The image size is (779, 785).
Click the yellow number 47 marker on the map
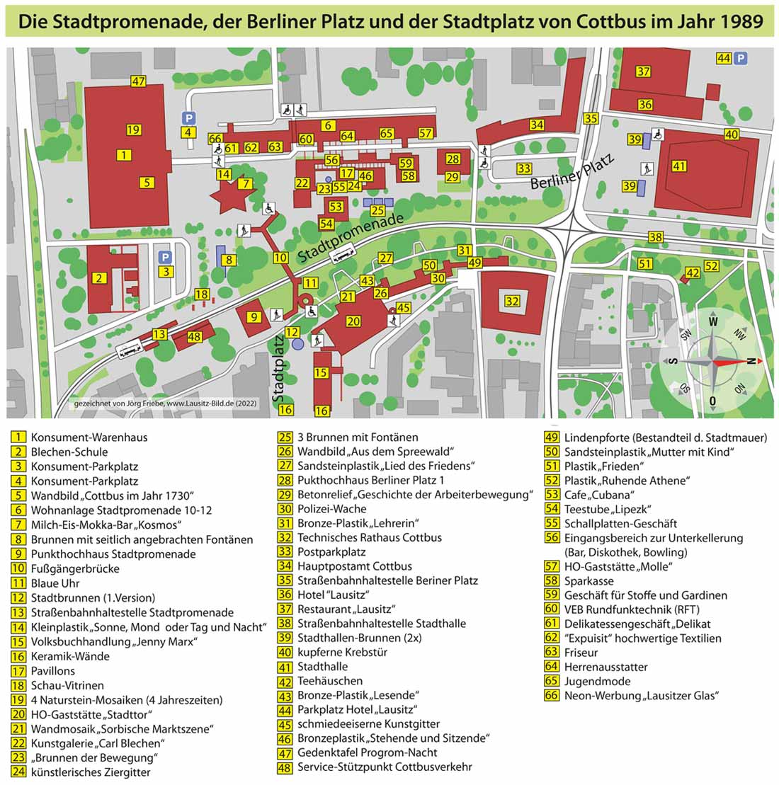[138, 81]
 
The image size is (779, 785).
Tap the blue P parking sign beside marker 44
[741, 59]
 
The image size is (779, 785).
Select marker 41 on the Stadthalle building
[680, 167]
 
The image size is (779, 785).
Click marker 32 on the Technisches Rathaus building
[512, 301]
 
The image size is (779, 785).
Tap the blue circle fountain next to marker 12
[297, 343]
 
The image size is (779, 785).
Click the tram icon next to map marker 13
[132, 348]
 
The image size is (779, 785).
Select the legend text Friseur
[581, 652]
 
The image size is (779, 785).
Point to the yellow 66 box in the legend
[552, 695]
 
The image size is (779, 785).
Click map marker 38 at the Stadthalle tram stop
[656, 237]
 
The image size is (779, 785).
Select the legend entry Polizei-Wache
[331, 508]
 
